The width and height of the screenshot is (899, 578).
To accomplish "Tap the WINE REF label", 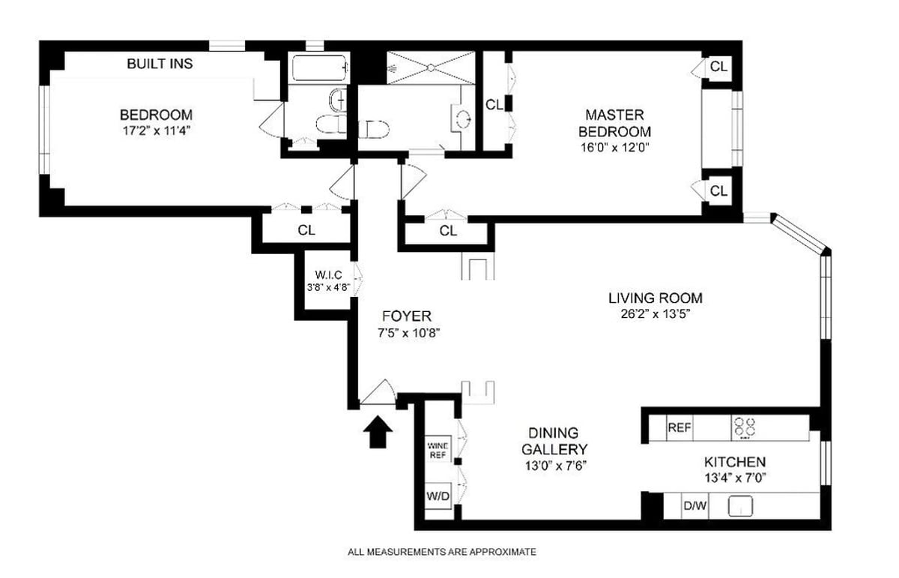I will coord(438,450).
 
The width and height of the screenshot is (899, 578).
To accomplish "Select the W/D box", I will coord(438,496).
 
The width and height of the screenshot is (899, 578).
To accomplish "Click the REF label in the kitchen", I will coord(679,428).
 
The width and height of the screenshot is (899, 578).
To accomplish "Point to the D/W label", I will coord(694,506).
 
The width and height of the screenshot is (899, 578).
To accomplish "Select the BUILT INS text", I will coord(160,64).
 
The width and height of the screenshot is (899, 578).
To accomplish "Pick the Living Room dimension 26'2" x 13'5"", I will coord(655,314).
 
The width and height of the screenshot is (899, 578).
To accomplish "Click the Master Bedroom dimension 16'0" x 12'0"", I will coord(614,148).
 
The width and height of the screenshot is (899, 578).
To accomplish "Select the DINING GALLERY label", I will coord(554,441).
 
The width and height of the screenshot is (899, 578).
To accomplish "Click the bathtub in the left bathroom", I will coord(320,70).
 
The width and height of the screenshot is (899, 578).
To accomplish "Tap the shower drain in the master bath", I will coord(431,68).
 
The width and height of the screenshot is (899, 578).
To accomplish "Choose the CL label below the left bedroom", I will coord(306,230).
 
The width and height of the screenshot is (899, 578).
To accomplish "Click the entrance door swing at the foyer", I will coord(381,394).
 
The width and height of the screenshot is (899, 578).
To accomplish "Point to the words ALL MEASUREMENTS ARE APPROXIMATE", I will coord(442,553).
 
